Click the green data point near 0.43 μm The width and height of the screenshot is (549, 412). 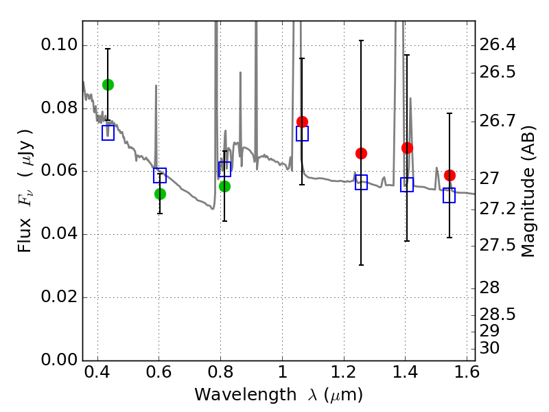click(x=108, y=84)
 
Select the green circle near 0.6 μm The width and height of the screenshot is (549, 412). click(x=160, y=194)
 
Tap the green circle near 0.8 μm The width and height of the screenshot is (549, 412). click(x=224, y=186)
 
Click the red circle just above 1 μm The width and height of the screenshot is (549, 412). click(x=302, y=122)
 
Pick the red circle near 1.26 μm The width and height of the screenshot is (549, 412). click(x=361, y=153)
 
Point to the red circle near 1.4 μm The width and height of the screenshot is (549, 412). click(x=407, y=148)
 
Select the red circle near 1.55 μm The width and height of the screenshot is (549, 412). click(x=449, y=175)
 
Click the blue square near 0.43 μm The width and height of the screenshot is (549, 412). click(x=108, y=133)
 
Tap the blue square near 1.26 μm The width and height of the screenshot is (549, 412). click(x=361, y=182)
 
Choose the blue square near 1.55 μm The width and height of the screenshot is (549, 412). click(x=449, y=196)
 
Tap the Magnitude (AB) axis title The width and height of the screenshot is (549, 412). click(x=528, y=191)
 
